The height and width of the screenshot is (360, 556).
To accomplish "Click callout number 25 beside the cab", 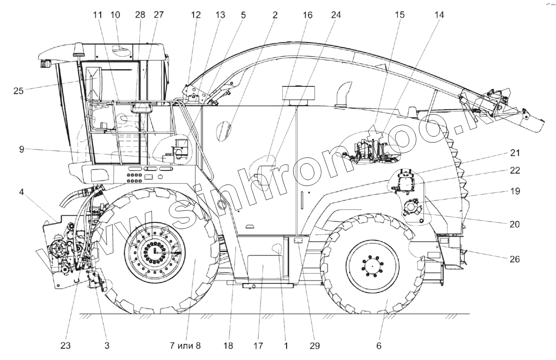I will pos(19,91).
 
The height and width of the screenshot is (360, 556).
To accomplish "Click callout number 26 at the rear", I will pos(515,259).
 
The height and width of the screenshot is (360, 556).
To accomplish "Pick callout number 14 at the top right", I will pos(439,15).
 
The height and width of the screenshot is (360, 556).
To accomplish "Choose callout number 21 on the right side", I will pos(515,153).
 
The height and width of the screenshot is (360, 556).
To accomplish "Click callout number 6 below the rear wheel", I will pos(378,345).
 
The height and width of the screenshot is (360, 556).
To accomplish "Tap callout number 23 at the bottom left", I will pos(66,345).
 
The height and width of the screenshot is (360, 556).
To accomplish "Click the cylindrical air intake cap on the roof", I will pos(299,94).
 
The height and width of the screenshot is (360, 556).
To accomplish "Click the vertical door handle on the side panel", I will pos(302,200).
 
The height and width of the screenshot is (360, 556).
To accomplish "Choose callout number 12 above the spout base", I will pos(196,15).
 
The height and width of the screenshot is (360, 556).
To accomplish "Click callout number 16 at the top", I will pos(308,15).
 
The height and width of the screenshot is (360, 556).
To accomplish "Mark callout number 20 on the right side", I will pos(515,224).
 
